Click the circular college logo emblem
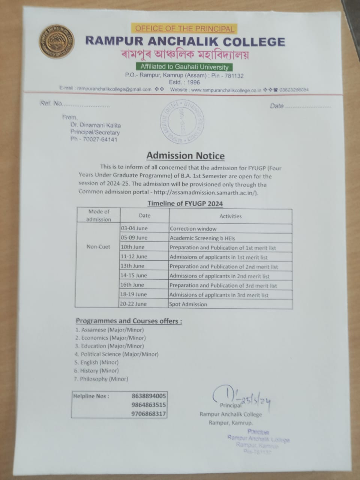(x=57, y=42)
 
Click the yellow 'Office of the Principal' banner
(x=184, y=28)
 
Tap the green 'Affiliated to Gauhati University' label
(x=184, y=67)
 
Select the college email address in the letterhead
(x=114, y=90)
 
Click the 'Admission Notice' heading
(x=185, y=156)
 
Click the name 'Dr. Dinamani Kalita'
(x=96, y=125)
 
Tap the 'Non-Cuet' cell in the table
(x=99, y=247)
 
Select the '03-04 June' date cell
(x=134, y=228)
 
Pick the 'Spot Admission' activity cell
(x=188, y=304)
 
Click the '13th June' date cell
(x=132, y=266)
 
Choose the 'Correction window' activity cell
(x=193, y=228)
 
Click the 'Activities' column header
(x=230, y=216)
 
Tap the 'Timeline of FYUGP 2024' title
(x=185, y=204)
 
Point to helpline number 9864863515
(x=149, y=405)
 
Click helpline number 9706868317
(x=149, y=414)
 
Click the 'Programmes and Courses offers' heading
(x=129, y=321)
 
